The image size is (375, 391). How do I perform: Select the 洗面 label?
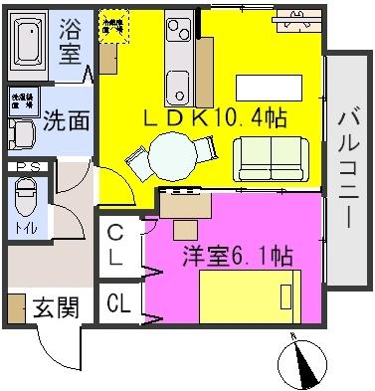[67, 121]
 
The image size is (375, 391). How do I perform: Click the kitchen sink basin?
[178, 82]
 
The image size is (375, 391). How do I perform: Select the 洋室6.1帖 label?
[236, 255]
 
